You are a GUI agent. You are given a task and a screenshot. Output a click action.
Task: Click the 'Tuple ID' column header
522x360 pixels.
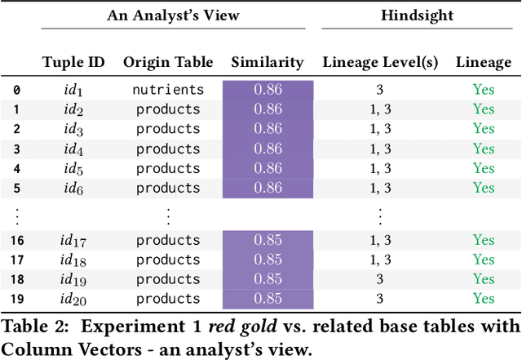(x=72, y=62)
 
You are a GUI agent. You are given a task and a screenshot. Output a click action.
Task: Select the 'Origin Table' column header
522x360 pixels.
(x=168, y=62)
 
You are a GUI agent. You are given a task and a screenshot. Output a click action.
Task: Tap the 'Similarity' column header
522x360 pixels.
(x=268, y=62)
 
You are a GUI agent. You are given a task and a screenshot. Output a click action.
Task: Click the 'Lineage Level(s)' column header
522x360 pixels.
(x=379, y=62)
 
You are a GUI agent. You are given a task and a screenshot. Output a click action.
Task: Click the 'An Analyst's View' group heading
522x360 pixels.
(x=172, y=16)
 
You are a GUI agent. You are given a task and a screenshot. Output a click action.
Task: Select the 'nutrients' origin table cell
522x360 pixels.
(x=168, y=89)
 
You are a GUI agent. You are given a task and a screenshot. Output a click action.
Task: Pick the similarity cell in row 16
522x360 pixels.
(x=268, y=240)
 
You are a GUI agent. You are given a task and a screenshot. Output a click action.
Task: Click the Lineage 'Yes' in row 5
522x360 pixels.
(x=484, y=188)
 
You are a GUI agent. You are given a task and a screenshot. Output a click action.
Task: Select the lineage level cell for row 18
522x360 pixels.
(x=379, y=279)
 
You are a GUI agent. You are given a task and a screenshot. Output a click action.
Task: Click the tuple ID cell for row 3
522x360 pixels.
(x=72, y=149)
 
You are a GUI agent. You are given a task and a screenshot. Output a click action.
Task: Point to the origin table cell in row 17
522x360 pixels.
(x=168, y=260)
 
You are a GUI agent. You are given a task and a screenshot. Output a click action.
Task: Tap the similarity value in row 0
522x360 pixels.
(x=268, y=90)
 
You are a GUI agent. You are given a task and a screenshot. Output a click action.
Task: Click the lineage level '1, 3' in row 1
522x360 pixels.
(x=379, y=109)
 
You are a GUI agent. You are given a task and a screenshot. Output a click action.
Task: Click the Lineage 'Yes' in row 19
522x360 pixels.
(x=484, y=299)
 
